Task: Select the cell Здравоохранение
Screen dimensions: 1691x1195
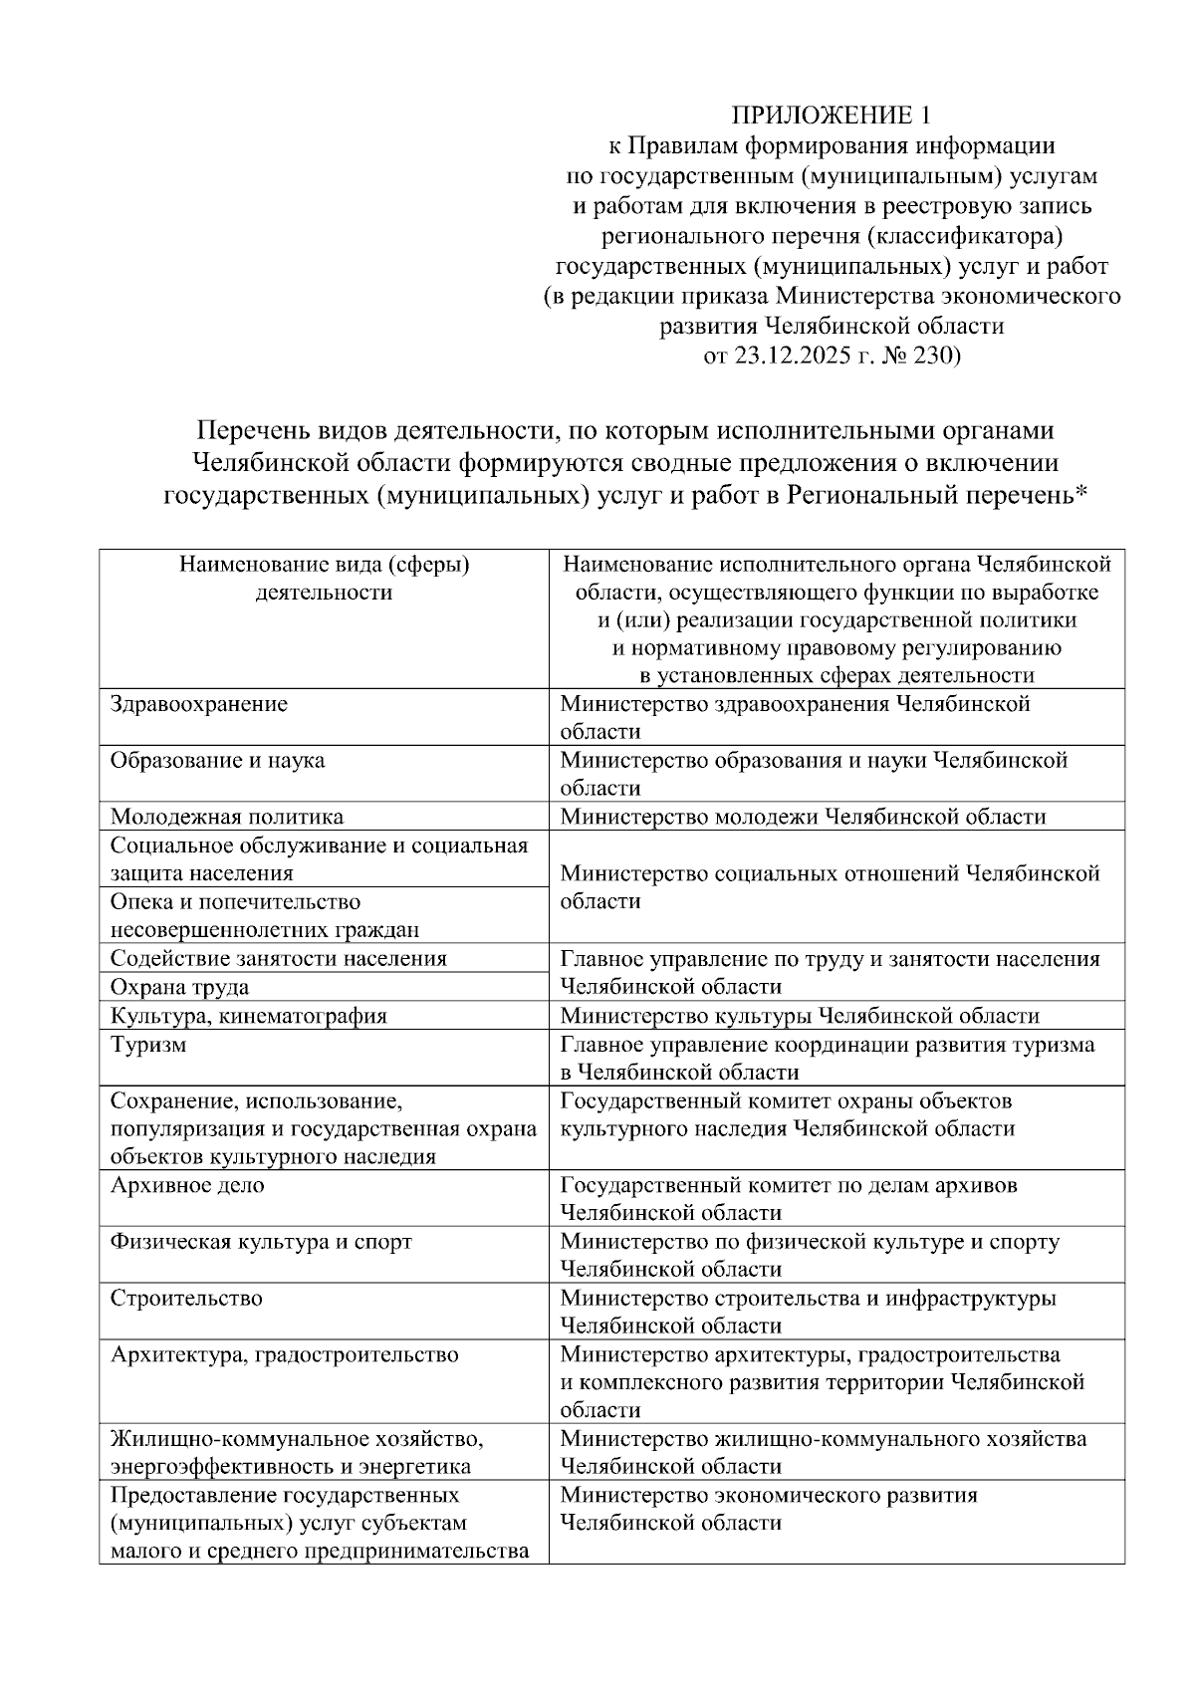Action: tap(199, 704)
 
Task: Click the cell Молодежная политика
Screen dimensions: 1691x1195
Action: tap(227, 817)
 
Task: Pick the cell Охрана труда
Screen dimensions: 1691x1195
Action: tap(180, 987)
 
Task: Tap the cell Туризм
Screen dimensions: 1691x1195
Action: tap(148, 1045)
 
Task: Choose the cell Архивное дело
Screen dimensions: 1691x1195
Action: tap(188, 1185)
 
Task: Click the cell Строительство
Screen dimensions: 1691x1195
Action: tap(187, 1298)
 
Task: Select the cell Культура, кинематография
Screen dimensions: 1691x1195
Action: tap(249, 1016)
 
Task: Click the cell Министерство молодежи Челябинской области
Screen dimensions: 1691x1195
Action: tap(803, 817)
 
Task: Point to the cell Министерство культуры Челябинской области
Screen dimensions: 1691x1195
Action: tap(800, 1016)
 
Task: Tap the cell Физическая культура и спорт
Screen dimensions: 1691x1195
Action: tap(261, 1242)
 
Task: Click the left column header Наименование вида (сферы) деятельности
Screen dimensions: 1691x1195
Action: tap(324, 579)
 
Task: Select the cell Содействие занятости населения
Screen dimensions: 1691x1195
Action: tap(279, 958)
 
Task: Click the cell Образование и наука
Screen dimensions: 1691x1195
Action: tap(217, 760)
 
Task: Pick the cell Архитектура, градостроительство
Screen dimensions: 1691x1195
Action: tap(285, 1354)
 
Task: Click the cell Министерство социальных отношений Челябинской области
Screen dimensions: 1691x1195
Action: tap(830, 886)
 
